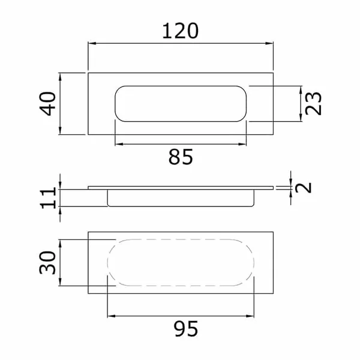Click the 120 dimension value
click(x=180, y=31)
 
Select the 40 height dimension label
click(x=48, y=104)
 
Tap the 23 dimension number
click(x=313, y=103)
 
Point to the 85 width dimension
click(x=181, y=157)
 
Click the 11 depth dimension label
click(x=49, y=197)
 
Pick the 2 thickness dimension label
click(x=303, y=188)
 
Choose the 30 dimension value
click(x=47, y=263)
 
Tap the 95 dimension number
click(x=186, y=329)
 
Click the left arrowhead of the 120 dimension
click(x=92, y=43)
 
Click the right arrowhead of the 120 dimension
click(x=269, y=43)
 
